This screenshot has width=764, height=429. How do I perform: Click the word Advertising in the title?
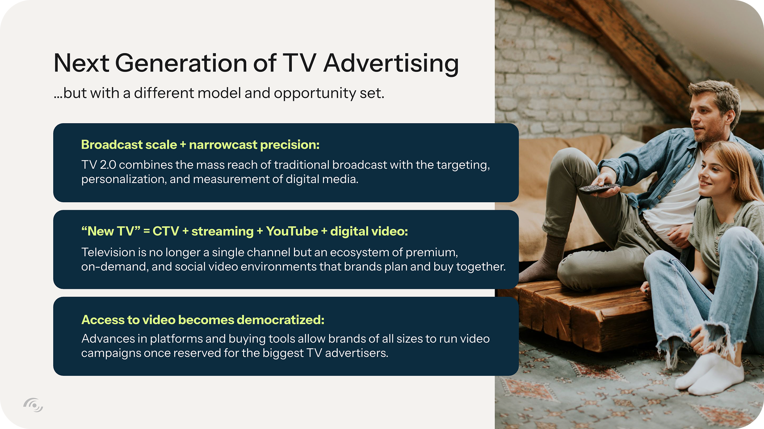[391, 63]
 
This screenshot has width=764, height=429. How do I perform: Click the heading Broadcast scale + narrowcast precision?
[200, 145]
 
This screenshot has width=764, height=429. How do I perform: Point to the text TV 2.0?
[99, 165]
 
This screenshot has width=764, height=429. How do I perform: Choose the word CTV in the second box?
[166, 231]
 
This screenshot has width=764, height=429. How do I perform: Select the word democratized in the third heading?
[280, 320]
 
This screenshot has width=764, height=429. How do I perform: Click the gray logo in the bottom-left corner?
[33, 404]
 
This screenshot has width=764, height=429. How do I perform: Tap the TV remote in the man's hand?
[599, 188]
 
